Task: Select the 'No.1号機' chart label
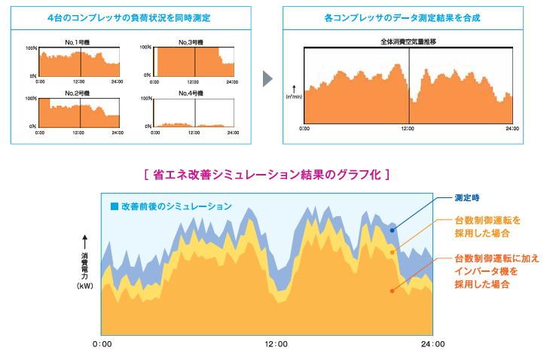(78, 42)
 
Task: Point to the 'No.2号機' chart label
(78, 93)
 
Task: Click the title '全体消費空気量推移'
(409, 42)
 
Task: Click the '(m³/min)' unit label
(294, 97)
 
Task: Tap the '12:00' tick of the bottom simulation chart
(276, 345)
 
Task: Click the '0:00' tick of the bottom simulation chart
(102, 345)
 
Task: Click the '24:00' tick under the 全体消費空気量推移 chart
(512, 129)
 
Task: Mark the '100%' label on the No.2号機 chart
(32, 99)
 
